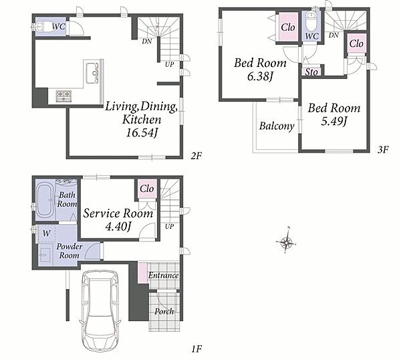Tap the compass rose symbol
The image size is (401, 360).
point(287,242)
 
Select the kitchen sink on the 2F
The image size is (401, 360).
point(92,73)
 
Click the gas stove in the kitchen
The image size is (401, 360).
point(63,96)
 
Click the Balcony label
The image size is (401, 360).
point(277,126)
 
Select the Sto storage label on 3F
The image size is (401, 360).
point(311,72)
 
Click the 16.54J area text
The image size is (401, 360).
point(141,132)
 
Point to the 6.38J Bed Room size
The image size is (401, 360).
point(260,76)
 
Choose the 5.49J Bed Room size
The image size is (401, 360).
point(333,121)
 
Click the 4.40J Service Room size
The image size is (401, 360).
point(118,226)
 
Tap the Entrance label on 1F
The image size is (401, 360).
point(164,275)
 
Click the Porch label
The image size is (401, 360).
point(164,312)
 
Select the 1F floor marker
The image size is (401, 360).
point(196,349)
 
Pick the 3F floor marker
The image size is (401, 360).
point(384,150)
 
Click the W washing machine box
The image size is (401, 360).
point(46,234)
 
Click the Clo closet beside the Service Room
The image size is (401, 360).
point(147,189)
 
